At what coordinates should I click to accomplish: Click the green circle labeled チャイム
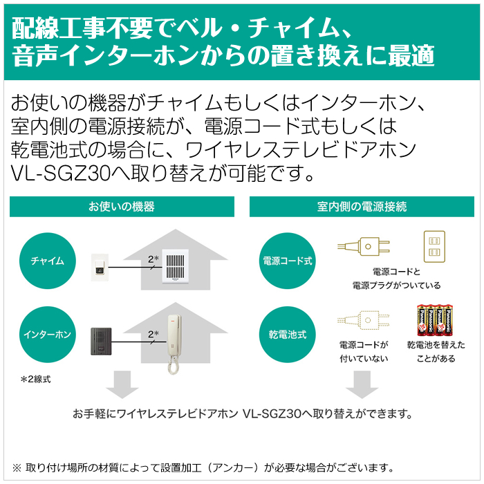click(x=48, y=261)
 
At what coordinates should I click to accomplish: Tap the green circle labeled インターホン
click(x=48, y=334)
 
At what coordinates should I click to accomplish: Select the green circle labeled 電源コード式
click(x=288, y=261)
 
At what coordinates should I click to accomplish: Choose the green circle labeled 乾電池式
click(x=288, y=334)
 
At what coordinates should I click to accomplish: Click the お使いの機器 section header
click(x=122, y=207)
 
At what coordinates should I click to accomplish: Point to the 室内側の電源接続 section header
click(x=362, y=207)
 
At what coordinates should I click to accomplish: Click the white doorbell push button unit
click(x=100, y=268)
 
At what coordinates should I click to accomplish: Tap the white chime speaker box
click(x=176, y=266)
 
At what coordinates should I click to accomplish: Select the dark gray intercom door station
click(x=101, y=342)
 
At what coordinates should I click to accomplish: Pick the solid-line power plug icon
click(x=364, y=246)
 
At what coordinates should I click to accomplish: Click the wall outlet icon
click(x=434, y=246)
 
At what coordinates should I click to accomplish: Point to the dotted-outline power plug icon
click(x=364, y=320)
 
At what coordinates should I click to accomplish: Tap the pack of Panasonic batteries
click(x=435, y=320)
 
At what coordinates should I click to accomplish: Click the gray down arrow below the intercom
click(x=122, y=384)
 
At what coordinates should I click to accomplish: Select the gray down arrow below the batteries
click(x=362, y=384)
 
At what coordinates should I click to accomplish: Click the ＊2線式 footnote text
click(x=35, y=379)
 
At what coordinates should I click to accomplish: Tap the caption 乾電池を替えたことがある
click(x=436, y=351)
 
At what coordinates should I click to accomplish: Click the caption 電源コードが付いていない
click(x=364, y=351)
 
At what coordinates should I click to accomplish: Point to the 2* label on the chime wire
click(x=153, y=259)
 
